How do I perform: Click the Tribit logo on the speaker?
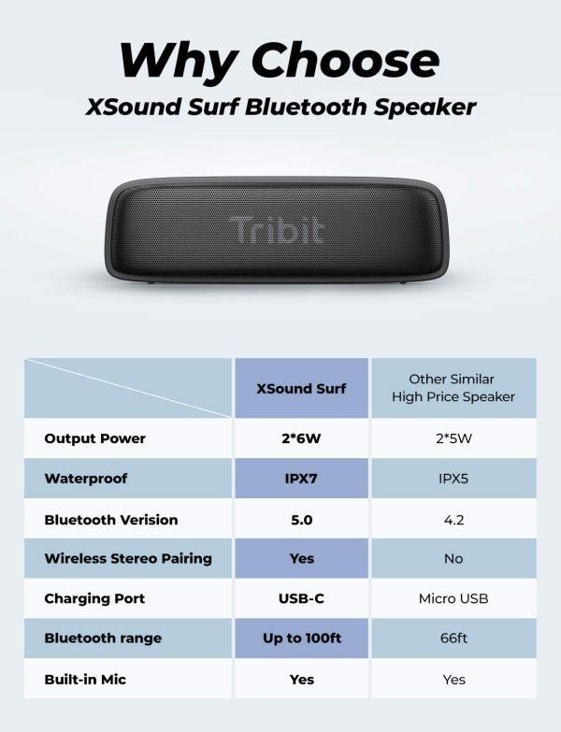(x=276, y=230)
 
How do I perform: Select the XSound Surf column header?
(x=301, y=388)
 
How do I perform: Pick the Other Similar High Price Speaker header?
(x=453, y=388)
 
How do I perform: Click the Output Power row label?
(x=94, y=438)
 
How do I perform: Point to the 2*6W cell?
(x=301, y=438)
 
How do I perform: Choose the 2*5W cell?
(x=453, y=438)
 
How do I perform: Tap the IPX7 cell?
(x=301, y=479)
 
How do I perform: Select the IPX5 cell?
(x=453, y=479)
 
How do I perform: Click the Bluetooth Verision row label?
(x=110, y=520)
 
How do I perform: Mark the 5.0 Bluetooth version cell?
(x=301, y=520)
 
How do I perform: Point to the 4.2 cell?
(x=453, y=520)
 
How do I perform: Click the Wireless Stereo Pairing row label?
(x=128, y=559)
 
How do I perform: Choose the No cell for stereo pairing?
(x=453, y=559)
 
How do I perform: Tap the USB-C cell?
(x=301, y=599)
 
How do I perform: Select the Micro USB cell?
(x=453, y=599)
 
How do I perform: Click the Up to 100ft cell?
(x=301, y=639)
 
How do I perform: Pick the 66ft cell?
(x=453, y=639)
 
